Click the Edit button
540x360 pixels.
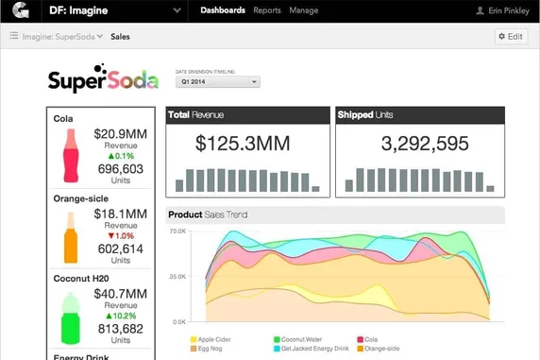pyautogui.click(x=511, y=37)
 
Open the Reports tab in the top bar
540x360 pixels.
pyautogui.click(x=267, y=10)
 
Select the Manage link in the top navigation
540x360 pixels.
pyautogui.click(x=303, y=10)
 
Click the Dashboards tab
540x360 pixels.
pyautogui.click(x=223, y=10)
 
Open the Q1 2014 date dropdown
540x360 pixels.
pyautogui.click(x=218, y=82)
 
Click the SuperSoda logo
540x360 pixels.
pyautogui.click(x=104, y=79)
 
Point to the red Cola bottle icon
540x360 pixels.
pyautogui.click(x=70, y=156)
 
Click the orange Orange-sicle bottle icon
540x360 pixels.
pyautogui.click(x=70, y=237)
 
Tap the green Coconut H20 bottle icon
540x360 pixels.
pyautogui.click(x=70, y=318)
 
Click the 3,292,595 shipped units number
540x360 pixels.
pyautogui.click(x=424, y=144)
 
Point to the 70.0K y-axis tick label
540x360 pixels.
pyautogui.click(x=177, y=231)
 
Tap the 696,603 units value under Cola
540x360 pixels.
pyautogui.click(x=121, y=169)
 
